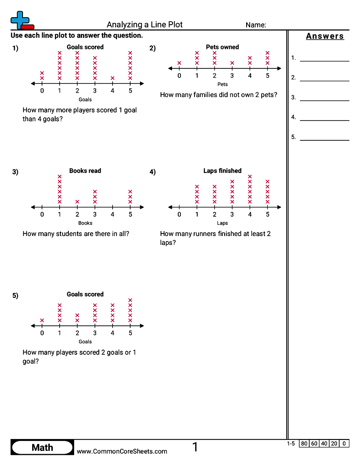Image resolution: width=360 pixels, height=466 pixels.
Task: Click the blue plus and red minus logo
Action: tap(22, 20)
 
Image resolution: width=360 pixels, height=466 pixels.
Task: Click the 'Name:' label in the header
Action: tap(256, 25)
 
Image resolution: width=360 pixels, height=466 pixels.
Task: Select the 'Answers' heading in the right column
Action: tap(325, 36)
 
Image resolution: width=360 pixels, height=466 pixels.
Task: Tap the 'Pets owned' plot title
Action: tap(222, 47)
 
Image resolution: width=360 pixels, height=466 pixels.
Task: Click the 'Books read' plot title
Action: tap(85, 171)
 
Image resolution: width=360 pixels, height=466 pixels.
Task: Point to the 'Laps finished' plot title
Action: tap(222, 171)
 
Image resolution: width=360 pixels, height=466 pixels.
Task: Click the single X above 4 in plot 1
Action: tap(112, 78)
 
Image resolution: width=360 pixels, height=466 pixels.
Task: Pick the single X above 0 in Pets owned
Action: tap(179, 63)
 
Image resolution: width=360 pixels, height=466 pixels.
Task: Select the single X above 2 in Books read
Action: tap(77, 202)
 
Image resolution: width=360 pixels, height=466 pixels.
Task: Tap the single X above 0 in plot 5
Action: tap(42, 320)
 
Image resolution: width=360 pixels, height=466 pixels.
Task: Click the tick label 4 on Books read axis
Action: tap(112, 214)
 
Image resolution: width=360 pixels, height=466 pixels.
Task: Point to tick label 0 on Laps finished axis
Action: tap(179, 214)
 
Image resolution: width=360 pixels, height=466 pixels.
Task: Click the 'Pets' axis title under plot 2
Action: tap(222, 84)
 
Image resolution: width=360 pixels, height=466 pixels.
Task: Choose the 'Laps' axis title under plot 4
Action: tap(222, 223)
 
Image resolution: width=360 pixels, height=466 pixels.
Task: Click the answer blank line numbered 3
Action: tap(325, 101)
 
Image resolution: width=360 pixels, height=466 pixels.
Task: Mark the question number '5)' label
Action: tap(15, 295)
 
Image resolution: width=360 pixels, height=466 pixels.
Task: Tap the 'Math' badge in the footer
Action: tap(42, 447)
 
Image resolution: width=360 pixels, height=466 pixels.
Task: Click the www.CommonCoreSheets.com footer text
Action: tap(122, 451)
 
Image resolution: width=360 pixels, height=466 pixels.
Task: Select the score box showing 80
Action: tap(304, 443)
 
